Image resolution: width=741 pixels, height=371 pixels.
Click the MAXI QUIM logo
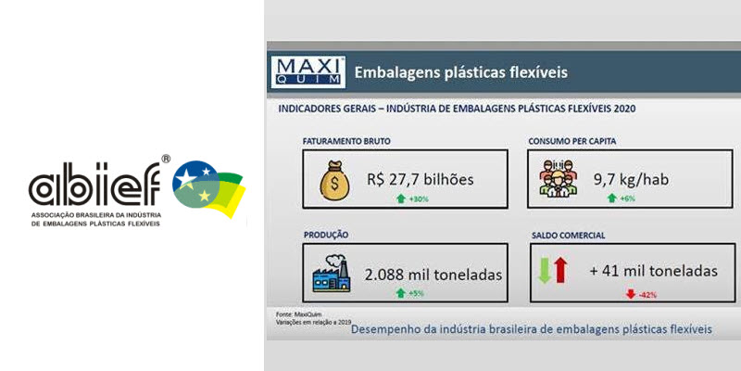308,72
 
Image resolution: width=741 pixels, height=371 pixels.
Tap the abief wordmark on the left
94,184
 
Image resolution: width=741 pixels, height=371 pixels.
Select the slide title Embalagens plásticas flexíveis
460,73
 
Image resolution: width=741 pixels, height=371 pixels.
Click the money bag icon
334,179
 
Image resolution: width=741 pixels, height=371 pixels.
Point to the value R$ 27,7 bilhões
421,179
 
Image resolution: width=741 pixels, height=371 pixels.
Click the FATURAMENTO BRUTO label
346,141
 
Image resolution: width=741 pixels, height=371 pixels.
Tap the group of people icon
558,178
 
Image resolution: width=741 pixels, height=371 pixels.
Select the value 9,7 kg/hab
631,179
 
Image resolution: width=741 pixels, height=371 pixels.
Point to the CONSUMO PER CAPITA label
571,141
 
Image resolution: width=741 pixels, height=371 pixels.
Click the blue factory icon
332,274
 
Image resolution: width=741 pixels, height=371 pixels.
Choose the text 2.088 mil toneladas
433,275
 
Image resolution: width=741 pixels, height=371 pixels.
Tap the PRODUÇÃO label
326,235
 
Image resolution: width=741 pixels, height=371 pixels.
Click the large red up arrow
560,270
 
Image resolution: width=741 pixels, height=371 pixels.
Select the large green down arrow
545,270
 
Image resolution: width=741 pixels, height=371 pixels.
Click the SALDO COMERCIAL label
568,236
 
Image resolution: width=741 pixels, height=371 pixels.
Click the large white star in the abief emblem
186,177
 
